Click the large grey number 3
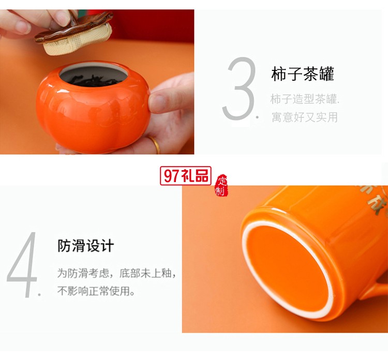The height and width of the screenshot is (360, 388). pyautogui.click(x=239, y=89)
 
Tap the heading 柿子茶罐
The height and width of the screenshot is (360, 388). pyautogui.click(x=303, y=74)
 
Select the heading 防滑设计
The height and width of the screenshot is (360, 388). pyautogui.click(x=86, y=245)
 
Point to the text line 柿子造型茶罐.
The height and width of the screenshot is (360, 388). pyautogui.click(x=305, y=99)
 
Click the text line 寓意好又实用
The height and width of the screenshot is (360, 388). pyautogui.click(x=304, y=117)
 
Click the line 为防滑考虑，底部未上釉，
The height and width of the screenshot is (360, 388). pyautogui.click(x=116, y=273)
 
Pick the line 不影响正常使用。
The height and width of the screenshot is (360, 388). pyautogui.click(x=96, y=291)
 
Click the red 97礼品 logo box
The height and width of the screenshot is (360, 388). pyautogui.click(x=186, y=176)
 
